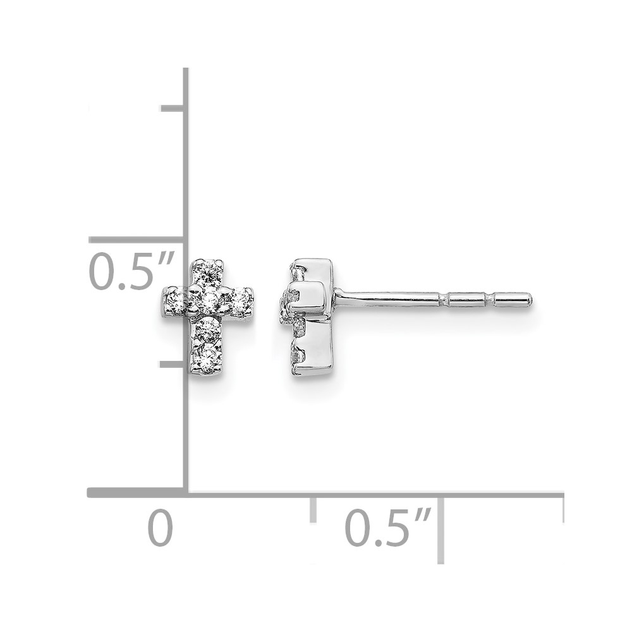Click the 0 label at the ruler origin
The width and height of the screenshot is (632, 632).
[161, 528]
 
